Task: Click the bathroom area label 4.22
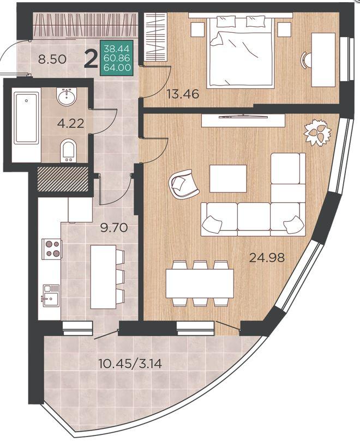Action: point(70,124)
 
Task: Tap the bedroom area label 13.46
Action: point(183,94)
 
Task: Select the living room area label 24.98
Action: point(267,257)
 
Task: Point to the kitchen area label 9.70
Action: point(114,227)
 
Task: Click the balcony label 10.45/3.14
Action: point(130,364)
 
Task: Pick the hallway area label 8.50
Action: point(52,59)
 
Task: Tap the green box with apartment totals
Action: point(117,58)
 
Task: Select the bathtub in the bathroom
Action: point(27,119)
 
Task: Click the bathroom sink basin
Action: point(67,96)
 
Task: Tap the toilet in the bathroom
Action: point(68,151)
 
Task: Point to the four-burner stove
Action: point(52,249)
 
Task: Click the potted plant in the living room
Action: point(317,132)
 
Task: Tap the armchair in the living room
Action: point(183,184)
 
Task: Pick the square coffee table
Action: point(228,179)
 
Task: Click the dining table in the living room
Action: point(200,283)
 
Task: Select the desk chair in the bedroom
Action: point(307,60)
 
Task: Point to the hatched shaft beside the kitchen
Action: point(63,179)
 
